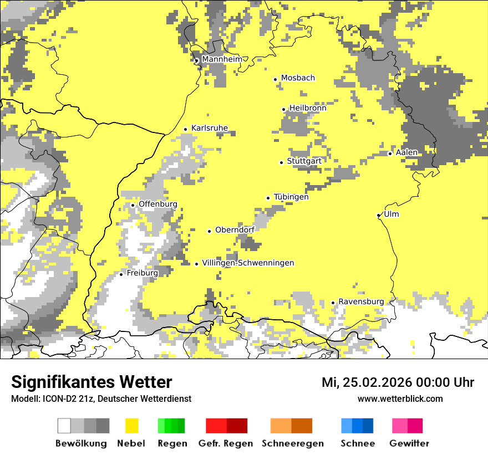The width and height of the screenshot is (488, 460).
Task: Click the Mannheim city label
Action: click(222, 59)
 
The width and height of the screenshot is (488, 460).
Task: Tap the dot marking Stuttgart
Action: click(281, 162)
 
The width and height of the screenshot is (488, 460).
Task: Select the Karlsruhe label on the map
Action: click(209, 128)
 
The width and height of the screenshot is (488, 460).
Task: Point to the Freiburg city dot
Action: click(121, 274)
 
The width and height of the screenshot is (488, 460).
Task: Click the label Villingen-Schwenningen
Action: click(248, 263)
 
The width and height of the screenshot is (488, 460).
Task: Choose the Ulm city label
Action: click(391, 214)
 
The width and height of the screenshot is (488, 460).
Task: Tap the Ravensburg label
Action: click(361, 301)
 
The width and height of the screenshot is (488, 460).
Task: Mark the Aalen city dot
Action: click(390, 154)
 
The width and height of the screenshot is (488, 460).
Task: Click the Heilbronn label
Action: click(308, 108)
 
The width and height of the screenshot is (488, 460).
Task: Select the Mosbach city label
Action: click(298, 78)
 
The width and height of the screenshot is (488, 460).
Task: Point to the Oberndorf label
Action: click(235, 230)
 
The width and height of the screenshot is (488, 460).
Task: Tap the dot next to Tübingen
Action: click(268, 198)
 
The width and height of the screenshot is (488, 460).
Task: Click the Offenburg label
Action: click(157, 204)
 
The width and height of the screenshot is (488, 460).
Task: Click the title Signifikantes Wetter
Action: click(91, 382)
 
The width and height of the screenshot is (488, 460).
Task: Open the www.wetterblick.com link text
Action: click(400, 399)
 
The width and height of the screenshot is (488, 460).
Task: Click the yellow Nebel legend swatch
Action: click(131, 426)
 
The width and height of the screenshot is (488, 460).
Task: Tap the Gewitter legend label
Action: click(409, 443)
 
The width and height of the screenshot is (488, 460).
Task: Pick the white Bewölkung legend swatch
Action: click(64, 426)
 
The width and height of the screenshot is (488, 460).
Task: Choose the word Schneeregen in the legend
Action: click(293, 443)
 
